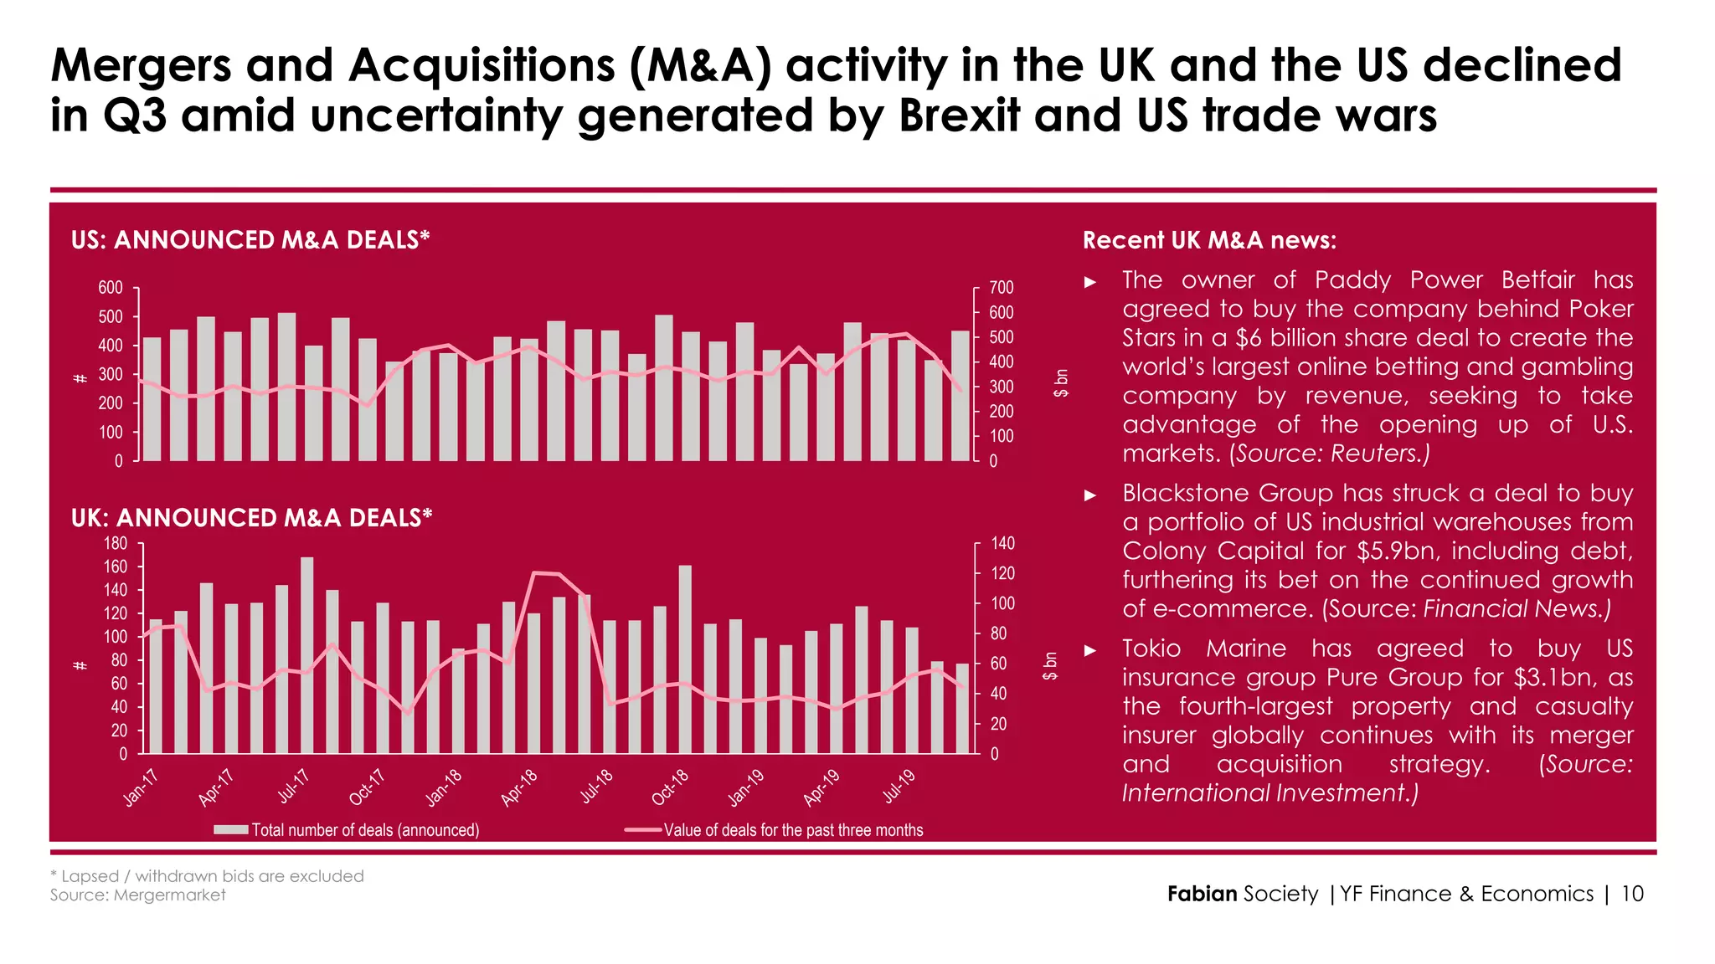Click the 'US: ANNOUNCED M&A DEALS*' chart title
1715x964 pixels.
(250, 240)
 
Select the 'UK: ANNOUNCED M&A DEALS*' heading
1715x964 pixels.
(251, 518)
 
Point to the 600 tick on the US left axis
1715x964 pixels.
(111, 288)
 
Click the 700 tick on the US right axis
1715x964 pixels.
(1002, 288)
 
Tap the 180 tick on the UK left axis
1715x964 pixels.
(115, 544)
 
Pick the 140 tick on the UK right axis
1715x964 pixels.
(1003, 544)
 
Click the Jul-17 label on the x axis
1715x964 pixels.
(294, 786)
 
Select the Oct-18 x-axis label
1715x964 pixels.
(670, 787)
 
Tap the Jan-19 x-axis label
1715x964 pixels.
(745, 787)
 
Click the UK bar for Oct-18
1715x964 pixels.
(685, 661)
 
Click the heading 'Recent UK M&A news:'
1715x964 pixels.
(1209, 241)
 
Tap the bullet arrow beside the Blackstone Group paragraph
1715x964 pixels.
(1090, 495)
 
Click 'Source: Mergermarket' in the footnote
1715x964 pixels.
(137, 895)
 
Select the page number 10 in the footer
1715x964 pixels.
(1632, 894)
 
